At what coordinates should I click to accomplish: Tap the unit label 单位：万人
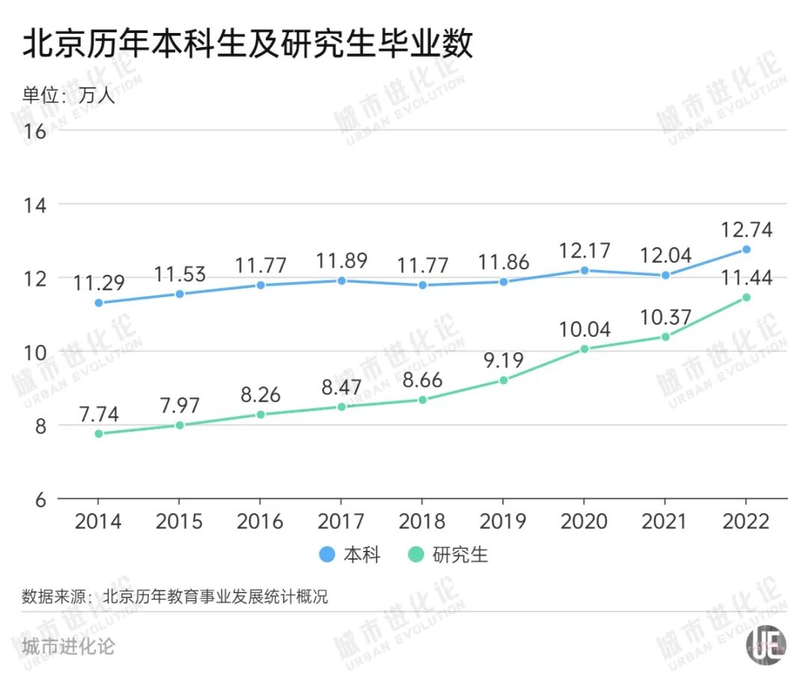click(x=69, y=95)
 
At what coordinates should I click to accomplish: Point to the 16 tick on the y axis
click(x=35, y=131)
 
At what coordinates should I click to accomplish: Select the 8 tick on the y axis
click(x=40, y=426)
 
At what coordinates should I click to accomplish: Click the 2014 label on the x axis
click(x=98, y=520)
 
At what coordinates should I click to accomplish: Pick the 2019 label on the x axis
click(x=503, y=520)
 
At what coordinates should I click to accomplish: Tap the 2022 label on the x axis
click(x=745, y=520)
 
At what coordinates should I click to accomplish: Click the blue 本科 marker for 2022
click(x=746, y=249)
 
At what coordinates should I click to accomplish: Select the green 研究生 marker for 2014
click(x=98, y=433)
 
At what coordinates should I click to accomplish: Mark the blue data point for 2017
click(x=341, y=281)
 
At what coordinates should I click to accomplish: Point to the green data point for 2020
click(x=584, y=349)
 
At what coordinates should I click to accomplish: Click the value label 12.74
click(x=745, y=229)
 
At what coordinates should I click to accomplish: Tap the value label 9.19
click(x=503, y=360)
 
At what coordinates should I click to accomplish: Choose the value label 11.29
click(x=98, y=283)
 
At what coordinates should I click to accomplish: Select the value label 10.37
click(x=665, y=317)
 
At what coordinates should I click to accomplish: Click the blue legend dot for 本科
click(x=327, y=555)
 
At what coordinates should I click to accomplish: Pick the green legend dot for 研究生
click(x=417, y=555)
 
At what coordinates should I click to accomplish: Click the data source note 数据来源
click(x=175, y=597)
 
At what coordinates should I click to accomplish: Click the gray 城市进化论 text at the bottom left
click(x=68, y=646)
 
